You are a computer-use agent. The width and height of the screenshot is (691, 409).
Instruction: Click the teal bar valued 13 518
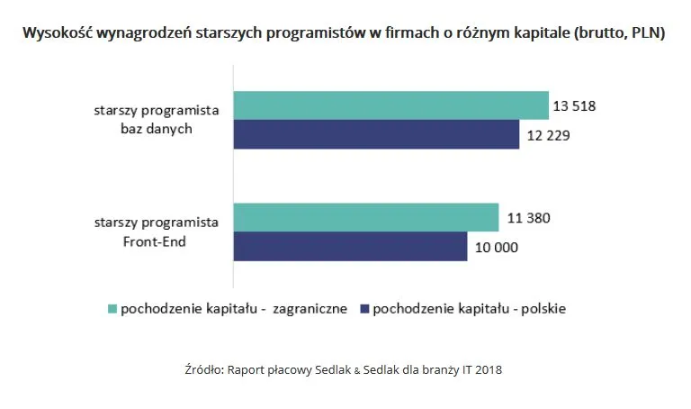click(x=391, y=105)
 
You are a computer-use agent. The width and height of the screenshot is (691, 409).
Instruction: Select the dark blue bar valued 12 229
click(x=376, y=134)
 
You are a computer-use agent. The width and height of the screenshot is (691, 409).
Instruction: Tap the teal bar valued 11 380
click(x=366, y=217)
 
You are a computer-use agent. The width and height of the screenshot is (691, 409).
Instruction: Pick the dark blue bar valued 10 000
click(x=350, y=246)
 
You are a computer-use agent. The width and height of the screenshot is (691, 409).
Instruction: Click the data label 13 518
click(x=575, y=106)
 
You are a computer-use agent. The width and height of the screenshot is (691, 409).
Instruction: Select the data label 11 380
click(x=525, y=218)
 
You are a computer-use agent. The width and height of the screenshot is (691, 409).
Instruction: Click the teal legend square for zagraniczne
click(x=112, y=309)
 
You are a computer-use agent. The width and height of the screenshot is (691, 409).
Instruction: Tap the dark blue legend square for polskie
click(x=363, y=309)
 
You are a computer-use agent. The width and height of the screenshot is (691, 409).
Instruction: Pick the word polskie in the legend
click(x=541, y=309)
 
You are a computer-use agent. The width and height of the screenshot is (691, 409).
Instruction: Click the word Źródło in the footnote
click(x=202, y=369)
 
